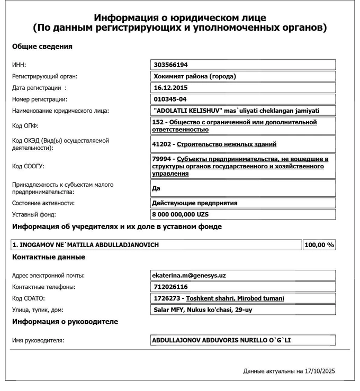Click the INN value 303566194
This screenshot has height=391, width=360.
[171, 65]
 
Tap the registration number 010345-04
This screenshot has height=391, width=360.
[170, 99]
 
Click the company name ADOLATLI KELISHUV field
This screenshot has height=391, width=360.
[236, 111]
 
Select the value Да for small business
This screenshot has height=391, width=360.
[156, 188]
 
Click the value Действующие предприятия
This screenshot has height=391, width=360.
[194, 203]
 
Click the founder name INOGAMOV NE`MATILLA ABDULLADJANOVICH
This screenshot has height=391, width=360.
[86, 245]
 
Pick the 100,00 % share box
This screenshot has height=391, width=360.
[319, 245]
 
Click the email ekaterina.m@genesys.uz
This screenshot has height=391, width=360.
[189, 275]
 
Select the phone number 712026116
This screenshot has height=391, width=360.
[170, 287]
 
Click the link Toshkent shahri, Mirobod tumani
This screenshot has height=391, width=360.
[235, 298]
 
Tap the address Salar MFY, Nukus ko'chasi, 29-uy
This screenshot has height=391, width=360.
[203, 310]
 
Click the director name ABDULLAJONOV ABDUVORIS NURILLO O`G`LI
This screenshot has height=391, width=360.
[221, 340]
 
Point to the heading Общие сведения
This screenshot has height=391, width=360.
[42, 46]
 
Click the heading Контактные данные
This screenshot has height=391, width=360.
[49, 257]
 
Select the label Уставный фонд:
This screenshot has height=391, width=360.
[34, 214]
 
